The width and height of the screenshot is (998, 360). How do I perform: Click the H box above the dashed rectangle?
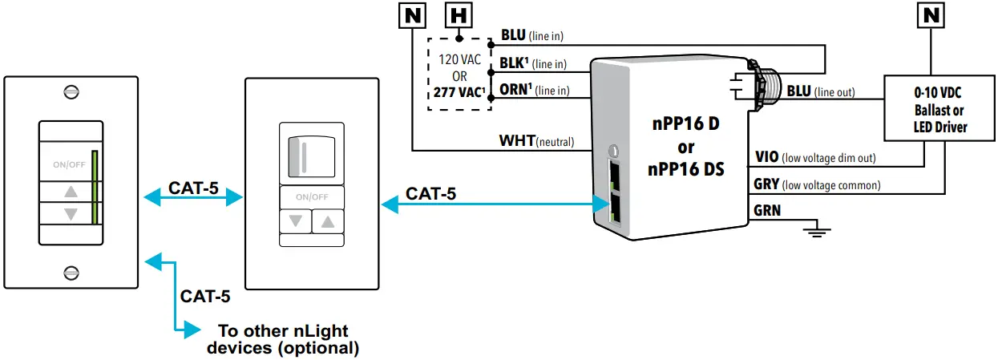[x=458, y=14]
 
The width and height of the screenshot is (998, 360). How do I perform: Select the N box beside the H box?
[x=412, y=14]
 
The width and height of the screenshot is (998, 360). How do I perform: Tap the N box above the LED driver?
[x=931, y=14]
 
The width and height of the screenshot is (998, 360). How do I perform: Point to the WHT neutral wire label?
[x=536, y=142]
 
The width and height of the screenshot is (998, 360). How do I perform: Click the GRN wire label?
[x=767, y=212]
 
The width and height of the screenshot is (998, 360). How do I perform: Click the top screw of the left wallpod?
[x=71, y=91]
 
